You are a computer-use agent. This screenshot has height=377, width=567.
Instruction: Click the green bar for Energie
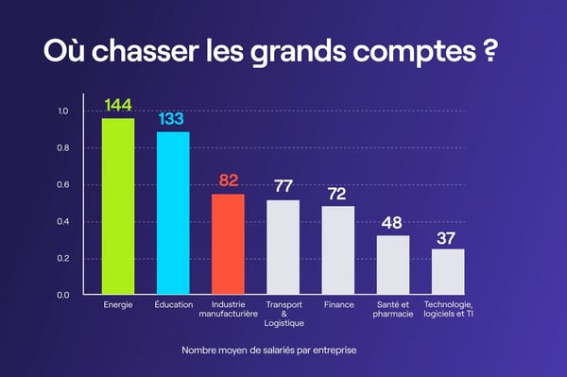118,206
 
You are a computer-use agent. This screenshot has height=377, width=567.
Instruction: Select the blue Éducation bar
173,213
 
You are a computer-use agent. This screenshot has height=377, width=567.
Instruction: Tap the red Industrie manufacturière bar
228,244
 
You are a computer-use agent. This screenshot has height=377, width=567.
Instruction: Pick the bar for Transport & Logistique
283,247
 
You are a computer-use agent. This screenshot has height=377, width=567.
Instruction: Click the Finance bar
338,249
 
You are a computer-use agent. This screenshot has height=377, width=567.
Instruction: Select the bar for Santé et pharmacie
393,265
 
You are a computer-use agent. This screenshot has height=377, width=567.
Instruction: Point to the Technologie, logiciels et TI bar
448,271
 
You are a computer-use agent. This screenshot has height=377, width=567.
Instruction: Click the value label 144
118,105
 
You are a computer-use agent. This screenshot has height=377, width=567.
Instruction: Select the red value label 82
228,180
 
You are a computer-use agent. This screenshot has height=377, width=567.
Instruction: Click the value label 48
393,223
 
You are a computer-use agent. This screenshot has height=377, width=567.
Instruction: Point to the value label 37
448,236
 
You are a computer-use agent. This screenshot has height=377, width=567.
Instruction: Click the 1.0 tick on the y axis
62,111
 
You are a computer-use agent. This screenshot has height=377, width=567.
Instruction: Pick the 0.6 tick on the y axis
62,185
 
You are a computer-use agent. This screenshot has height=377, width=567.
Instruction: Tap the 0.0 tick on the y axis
62,295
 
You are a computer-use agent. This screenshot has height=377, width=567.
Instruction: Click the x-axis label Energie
118,305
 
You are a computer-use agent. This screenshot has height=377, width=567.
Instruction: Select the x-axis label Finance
338,305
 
